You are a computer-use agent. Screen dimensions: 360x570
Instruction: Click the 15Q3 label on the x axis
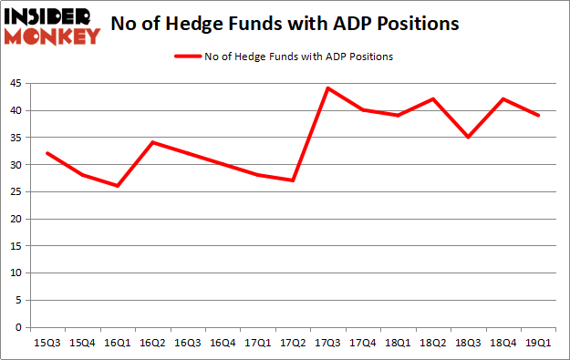46,343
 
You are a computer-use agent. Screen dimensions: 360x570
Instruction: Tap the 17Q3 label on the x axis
326,343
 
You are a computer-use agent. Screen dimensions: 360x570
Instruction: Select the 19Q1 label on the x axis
537,343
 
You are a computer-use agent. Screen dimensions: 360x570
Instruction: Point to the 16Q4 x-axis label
222,343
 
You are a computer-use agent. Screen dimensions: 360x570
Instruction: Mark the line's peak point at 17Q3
326,88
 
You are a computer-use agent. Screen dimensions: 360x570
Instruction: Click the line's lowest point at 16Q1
116,186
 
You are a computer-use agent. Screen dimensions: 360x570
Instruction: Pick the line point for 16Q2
151,142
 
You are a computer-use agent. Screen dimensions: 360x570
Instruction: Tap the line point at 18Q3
467,137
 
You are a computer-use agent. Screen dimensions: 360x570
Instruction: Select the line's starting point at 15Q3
46,153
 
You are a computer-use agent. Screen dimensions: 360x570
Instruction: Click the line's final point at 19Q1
537,116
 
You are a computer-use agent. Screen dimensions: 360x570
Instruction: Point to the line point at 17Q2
292,180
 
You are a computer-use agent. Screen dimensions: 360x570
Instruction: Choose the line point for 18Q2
432,98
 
